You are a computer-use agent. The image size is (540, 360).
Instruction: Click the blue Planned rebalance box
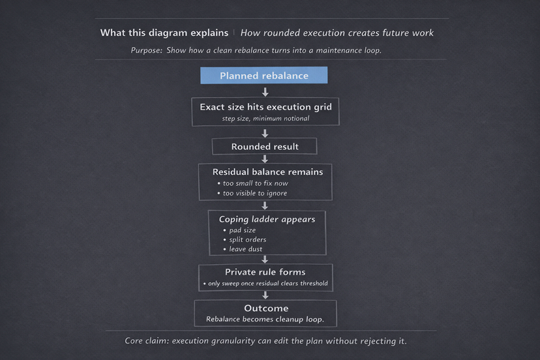[x=263, y=76]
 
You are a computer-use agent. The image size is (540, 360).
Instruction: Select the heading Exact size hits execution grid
[x=265, y=106]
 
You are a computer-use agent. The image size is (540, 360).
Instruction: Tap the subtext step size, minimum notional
[x=265, y=119]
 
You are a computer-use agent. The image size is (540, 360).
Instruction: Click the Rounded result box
[x=265, y=147]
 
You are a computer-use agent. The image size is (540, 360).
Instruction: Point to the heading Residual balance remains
[x=267, y=172]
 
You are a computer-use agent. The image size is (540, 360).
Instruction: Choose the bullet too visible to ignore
[x=254, y=193]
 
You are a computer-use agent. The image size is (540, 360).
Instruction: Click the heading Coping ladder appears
[x=267, y=219]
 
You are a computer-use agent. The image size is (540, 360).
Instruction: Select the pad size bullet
[x=242, y=230]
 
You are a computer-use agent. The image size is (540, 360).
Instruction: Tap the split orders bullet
[x=247, y=239]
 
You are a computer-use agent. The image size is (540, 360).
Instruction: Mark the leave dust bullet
[x=246, y=249]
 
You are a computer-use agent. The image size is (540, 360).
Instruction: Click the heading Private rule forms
[x=265, y=272]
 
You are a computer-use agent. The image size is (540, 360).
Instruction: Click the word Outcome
[x=266, y=308]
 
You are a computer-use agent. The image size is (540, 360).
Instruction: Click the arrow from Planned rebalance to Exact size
[x=265, y=92]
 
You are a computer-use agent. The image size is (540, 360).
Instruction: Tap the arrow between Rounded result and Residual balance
[x=265, y=158]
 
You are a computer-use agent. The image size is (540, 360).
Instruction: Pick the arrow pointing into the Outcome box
[x=265, y=295]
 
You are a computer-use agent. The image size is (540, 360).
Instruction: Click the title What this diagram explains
[x=164, y=33]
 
